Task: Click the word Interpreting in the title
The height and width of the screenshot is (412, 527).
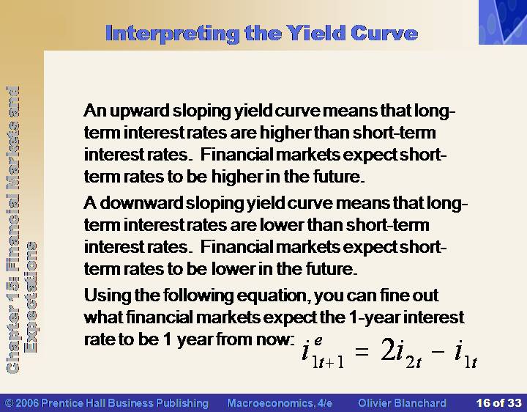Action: coord(172,34)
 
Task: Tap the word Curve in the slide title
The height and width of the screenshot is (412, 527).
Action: coord(384,33)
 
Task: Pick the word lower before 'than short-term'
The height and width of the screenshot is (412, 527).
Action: coord(282,225)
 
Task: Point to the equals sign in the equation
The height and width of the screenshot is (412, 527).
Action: coord(362,353)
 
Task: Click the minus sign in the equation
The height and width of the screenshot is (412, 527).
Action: coord(438,352)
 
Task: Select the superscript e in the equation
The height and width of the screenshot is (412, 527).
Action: coord(318,341)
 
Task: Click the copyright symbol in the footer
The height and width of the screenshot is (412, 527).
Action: coord(10,403)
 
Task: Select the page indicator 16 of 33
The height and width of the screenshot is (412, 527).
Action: coord(498,403)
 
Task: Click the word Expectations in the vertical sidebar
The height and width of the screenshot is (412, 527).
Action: coord(31,297)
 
